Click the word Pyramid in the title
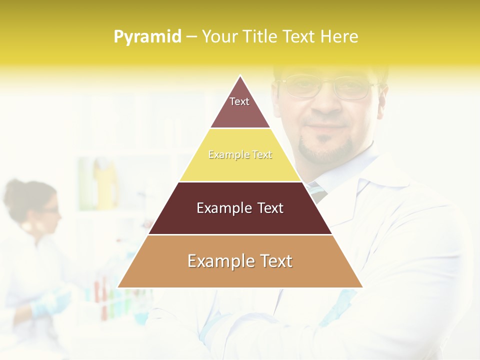(147, 37)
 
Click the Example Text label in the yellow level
(240, 155)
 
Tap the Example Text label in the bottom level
(240, 261)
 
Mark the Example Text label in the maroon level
(240, 208)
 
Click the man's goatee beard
(325, 150)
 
